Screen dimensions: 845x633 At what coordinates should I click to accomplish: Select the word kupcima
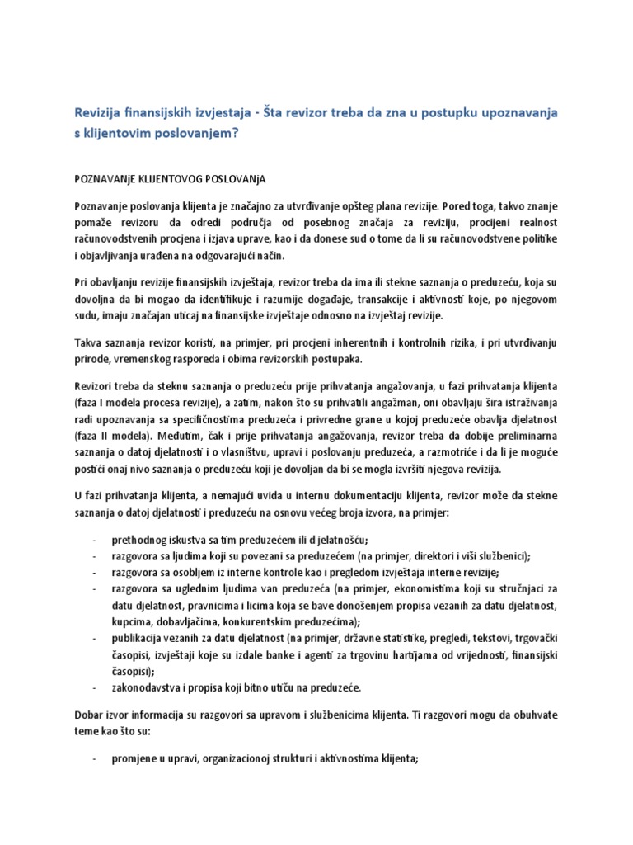(132, 620)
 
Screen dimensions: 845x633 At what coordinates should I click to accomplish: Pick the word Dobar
(90, 715)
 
